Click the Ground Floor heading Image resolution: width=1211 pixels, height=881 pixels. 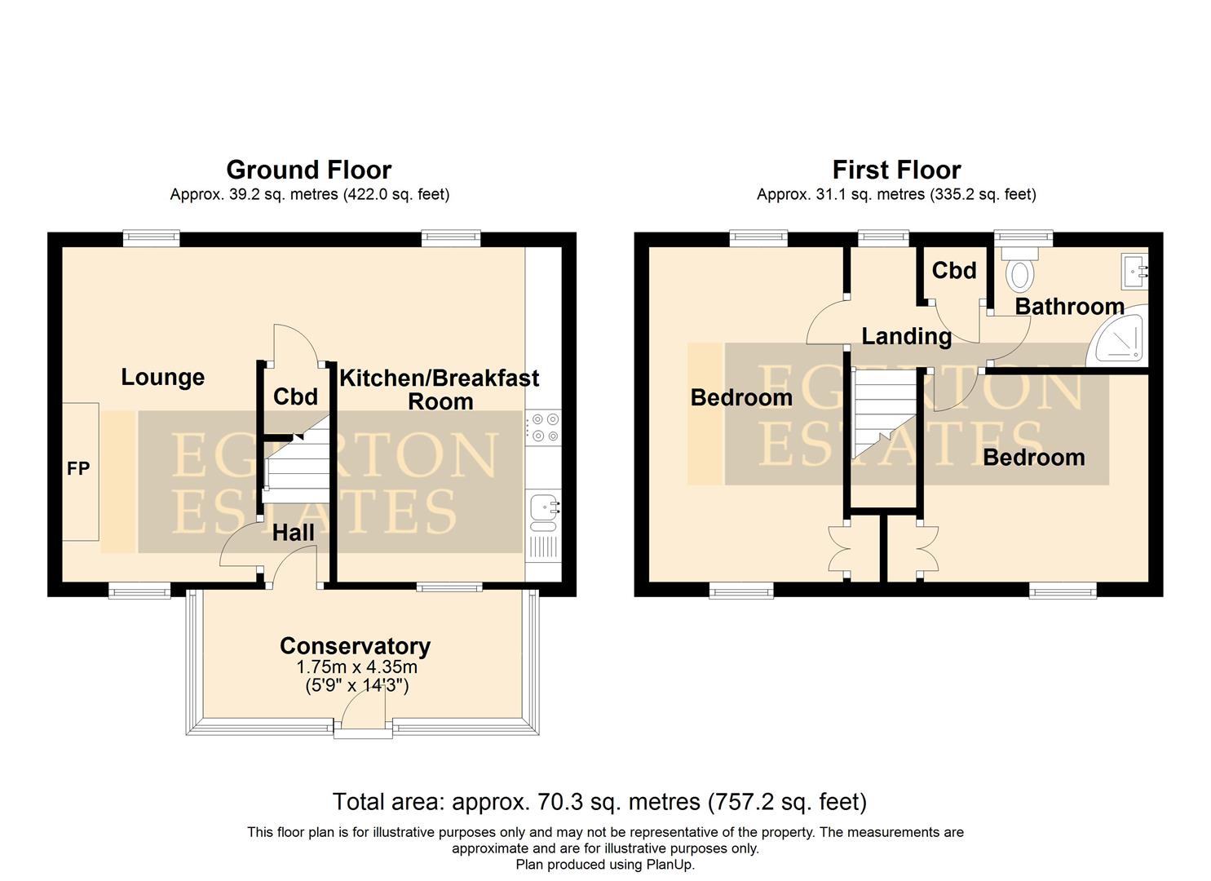(x=308, y=170)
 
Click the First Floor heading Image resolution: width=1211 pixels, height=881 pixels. (x=895, y=170)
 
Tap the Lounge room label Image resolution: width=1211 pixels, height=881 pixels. (x=162, y=377)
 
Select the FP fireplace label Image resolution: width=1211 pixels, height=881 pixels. (x=78, y=469)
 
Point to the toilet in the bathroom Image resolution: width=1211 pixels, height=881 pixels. (x=1019, y=271)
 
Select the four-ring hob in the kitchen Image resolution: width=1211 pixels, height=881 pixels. (x=543, y=427)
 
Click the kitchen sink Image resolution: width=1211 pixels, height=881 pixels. (x=543, y=510)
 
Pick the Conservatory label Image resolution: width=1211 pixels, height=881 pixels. (x=355, y=645)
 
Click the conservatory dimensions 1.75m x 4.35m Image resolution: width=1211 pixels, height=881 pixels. (x=356, y=666)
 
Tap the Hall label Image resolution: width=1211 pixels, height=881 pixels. (x=293, y=533)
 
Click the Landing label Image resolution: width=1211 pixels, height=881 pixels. (x=906, y=336)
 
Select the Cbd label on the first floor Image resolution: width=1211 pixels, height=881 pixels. (x=953, y=270)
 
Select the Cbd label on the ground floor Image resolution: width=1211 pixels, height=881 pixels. (x=294, y=396)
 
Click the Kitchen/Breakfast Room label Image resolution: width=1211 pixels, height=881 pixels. (x=439, y=389)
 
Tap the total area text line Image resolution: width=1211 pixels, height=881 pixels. (x=599, y=802)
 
